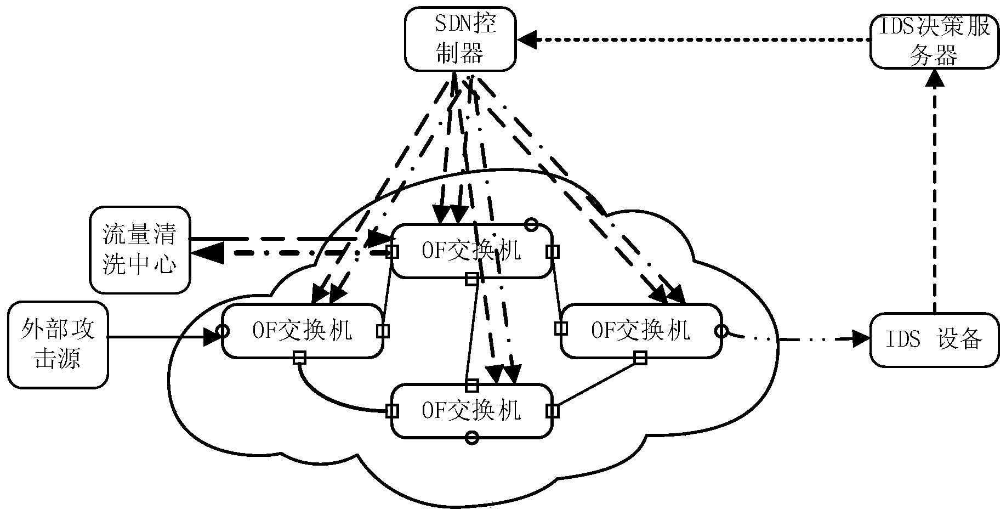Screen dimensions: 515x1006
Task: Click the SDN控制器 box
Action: click(460, 38)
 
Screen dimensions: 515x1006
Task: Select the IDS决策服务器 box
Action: click(934, 42)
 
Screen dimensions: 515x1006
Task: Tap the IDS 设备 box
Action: click(934, 339)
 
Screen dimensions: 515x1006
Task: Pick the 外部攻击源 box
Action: click(58, 344)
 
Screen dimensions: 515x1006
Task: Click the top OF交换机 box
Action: click(471, 251)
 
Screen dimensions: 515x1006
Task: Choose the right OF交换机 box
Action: click(640, 331)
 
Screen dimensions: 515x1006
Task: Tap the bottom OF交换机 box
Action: click(471, 411)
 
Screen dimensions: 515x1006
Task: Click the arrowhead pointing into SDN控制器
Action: click(527, 39)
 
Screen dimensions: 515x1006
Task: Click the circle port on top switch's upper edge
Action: click(530, 224)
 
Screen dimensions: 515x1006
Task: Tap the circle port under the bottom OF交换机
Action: click(471, 438)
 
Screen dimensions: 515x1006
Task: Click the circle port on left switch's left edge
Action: click(222, 331)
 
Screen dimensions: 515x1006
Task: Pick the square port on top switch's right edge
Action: click(553, 251)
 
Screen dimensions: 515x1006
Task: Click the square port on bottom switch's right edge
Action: click(553, 411)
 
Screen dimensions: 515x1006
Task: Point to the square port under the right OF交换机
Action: click(640, 359)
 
